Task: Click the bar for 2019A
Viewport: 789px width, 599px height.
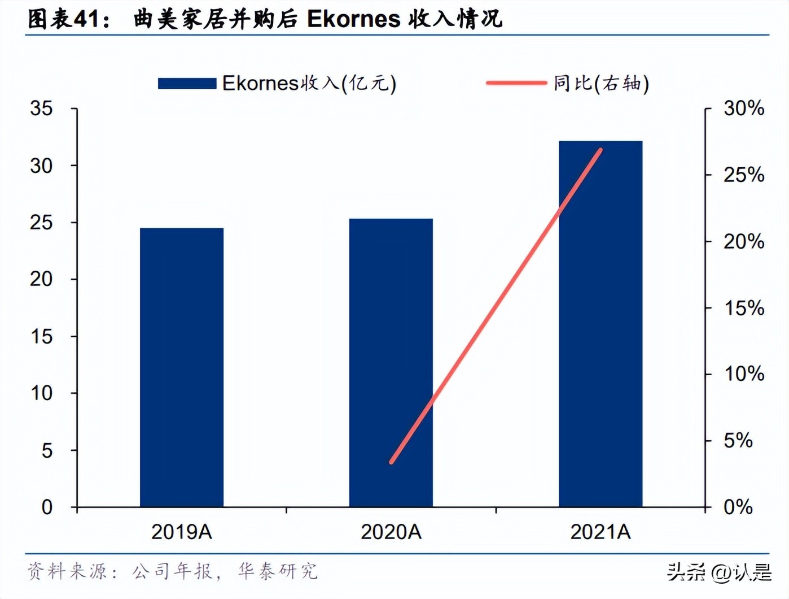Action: tap(182, 367)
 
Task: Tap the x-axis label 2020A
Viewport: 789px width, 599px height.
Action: tap(391, 532)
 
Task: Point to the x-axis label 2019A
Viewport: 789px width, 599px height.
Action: tap(182, 532)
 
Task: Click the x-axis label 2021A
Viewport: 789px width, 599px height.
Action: tap(600, 532)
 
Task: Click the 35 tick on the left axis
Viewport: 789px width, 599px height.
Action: tap(41, 108)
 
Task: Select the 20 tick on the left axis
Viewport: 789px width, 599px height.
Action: tap(41, 279)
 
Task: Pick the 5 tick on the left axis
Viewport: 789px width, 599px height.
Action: tap(47, 450)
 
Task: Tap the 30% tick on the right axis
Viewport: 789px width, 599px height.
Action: tap(744, 108)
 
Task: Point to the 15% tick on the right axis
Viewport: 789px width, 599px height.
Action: tap(744, 308)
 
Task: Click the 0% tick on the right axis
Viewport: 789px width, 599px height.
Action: tap(738, 507)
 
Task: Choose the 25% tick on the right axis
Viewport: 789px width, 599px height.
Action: tap(744, 175)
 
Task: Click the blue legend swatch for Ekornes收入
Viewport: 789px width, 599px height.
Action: tap(187, 84)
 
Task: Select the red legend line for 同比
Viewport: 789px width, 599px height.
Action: tap(516, 83)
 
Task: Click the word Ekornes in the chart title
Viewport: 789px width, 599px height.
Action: tap(353, 19)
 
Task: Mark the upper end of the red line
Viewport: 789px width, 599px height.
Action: tap(601, 150)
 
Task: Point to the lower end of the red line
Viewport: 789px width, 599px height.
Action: tap(392, 462)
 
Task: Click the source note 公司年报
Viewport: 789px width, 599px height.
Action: tap(172, 571)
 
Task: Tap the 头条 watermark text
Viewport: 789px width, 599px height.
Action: tap(686, 572)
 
